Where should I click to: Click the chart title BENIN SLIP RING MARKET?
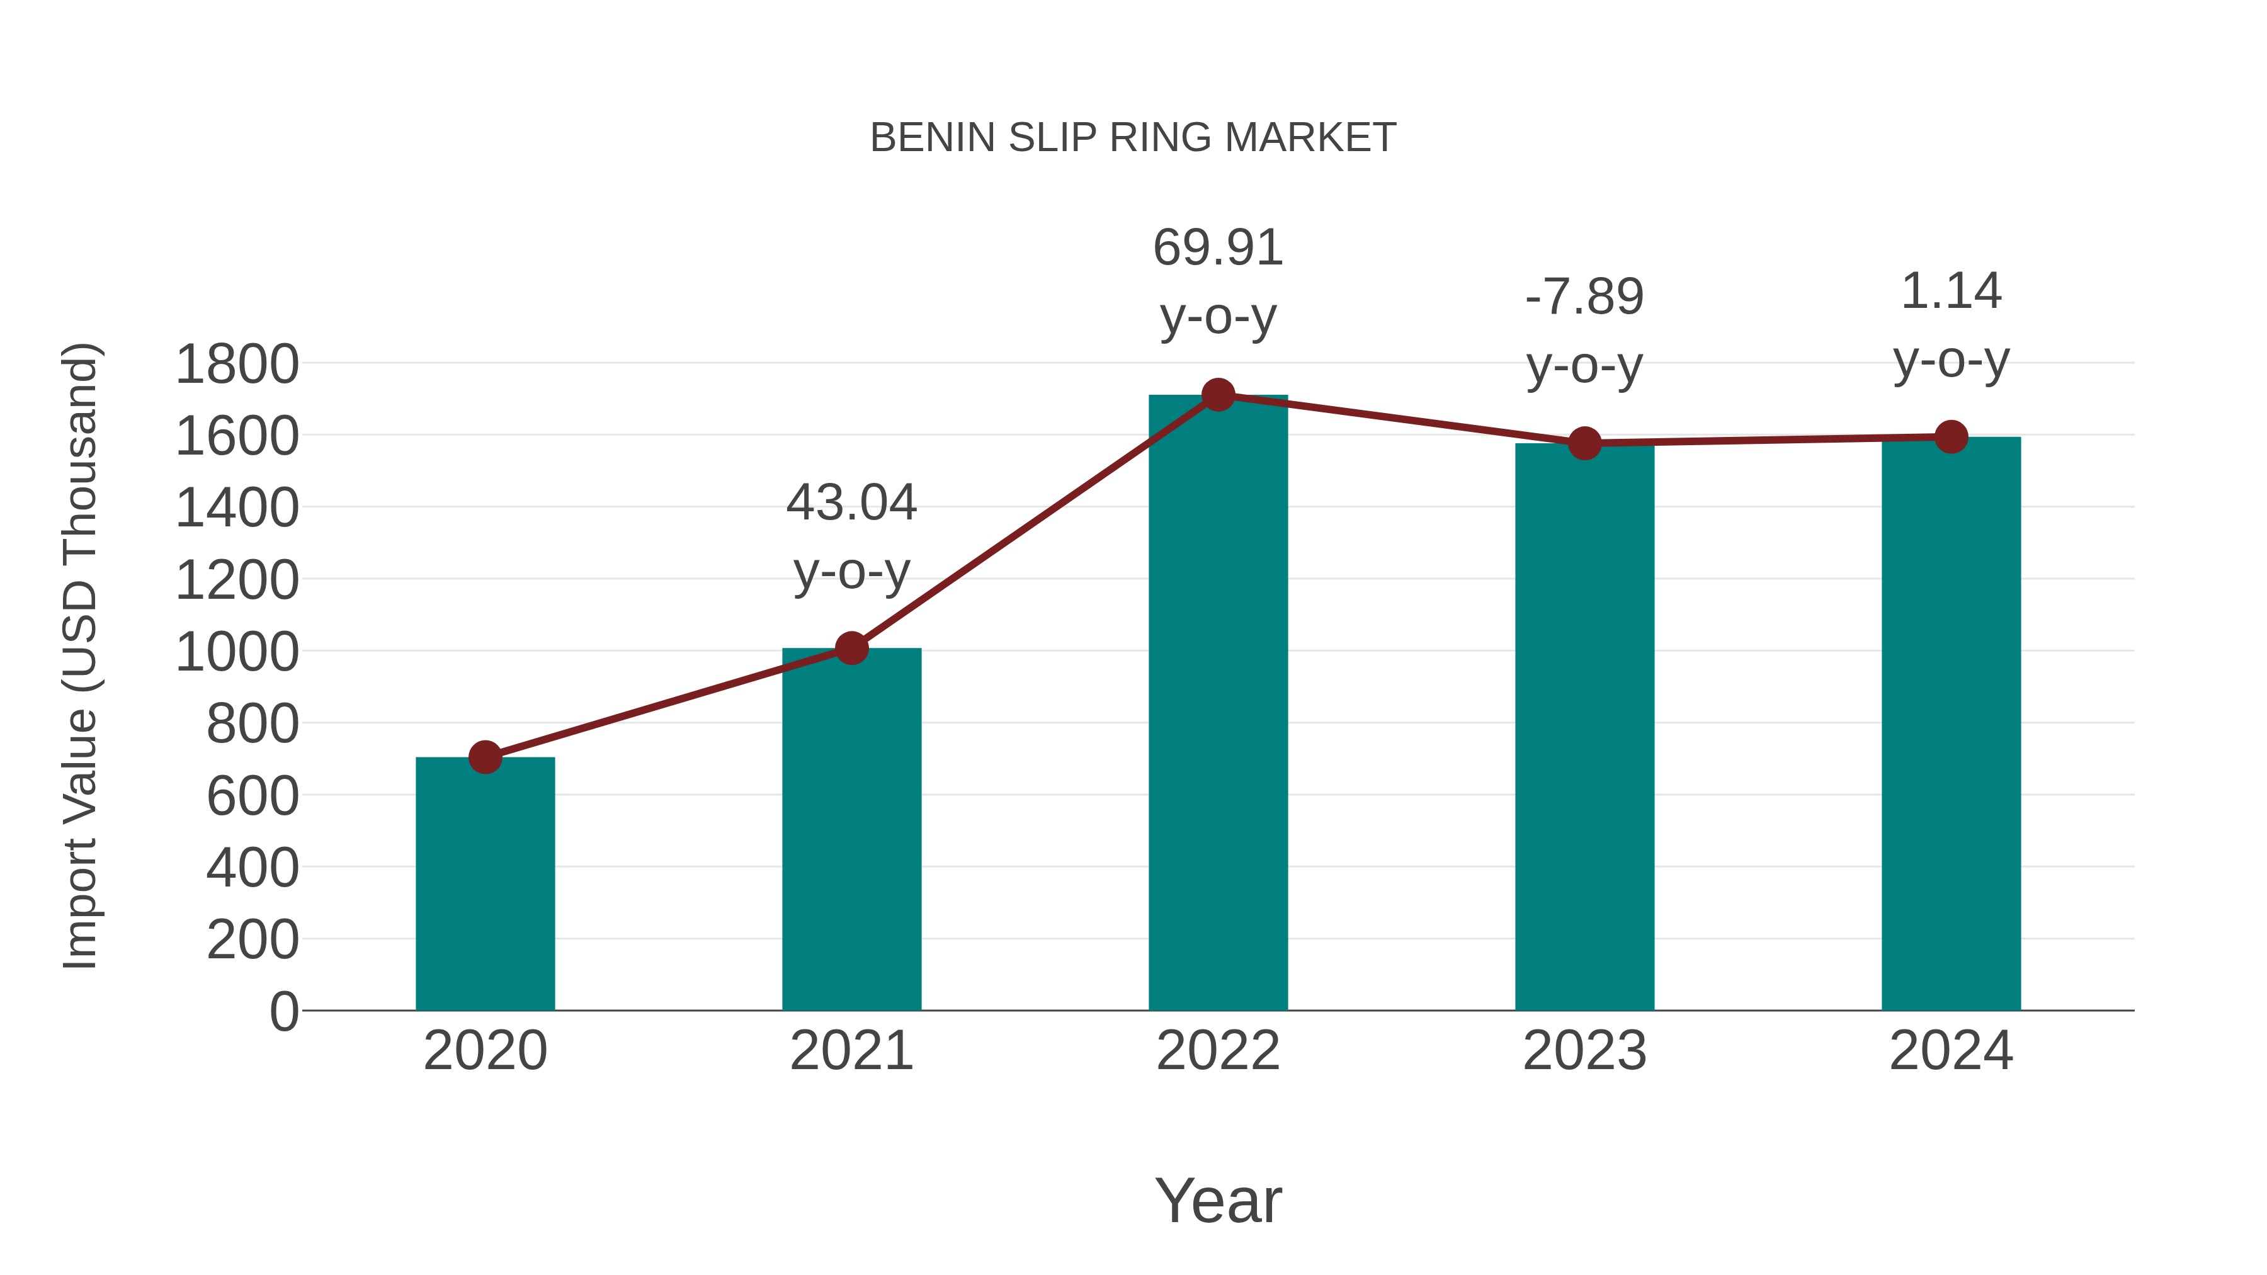pos(1133,138)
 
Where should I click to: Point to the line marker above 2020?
pos(485,757)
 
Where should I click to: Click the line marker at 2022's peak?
pos(1218,395)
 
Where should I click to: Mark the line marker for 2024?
pos(1951,436)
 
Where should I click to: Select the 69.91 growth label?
pos(1218,248)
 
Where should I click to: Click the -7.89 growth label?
pos(1584,297)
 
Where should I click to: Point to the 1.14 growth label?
pos(1951,292)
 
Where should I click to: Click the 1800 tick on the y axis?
pos(237,365)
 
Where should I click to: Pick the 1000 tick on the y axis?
pos(237,653)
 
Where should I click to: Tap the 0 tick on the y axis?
pos(283,1012)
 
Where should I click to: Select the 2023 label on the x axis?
pos(1584,1051)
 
